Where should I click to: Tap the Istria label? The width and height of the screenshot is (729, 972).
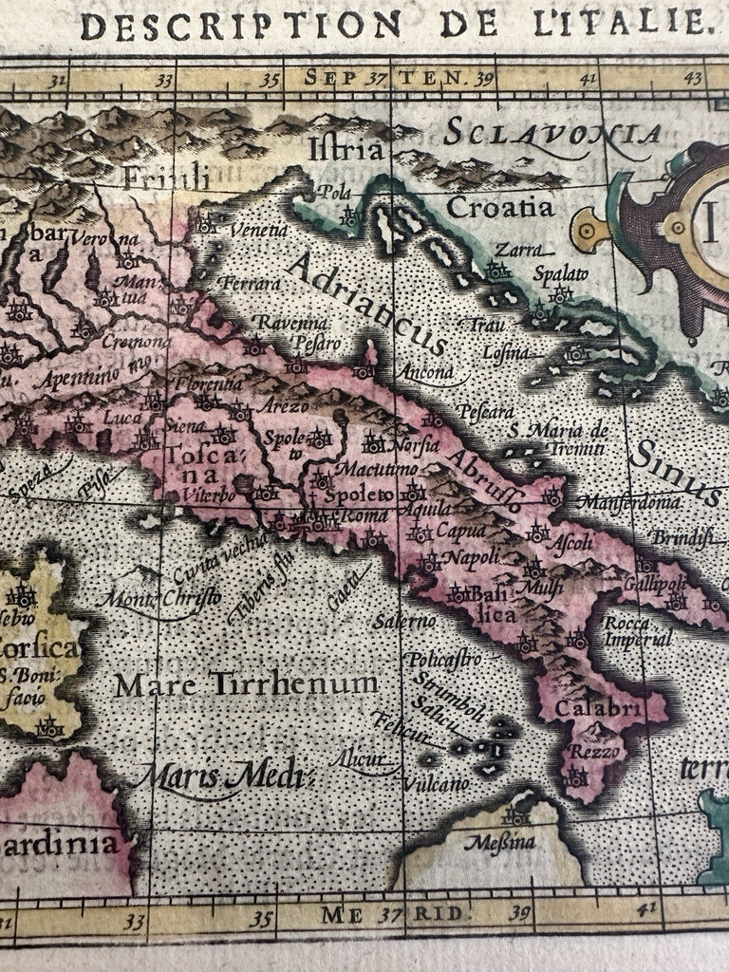(346, 149)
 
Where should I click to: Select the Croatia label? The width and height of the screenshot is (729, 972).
(499, 206)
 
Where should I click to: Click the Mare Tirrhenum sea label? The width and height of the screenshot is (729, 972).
(247, 683)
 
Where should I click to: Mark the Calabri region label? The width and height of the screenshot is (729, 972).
(586, 708)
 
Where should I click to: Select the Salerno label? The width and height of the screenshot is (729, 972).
(404, 621)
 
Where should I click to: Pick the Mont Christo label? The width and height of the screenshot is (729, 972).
(163, 598)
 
